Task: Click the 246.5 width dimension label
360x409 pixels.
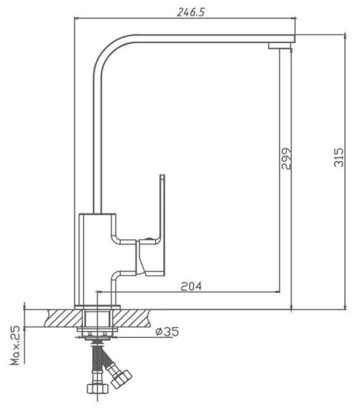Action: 190,12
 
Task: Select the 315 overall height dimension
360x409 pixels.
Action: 339,157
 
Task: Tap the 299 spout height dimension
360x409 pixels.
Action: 286,159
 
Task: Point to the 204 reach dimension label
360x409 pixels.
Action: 192,286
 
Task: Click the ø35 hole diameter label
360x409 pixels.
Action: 167,332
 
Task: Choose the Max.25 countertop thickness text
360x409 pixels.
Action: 15,345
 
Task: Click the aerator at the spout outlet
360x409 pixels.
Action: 280,46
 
